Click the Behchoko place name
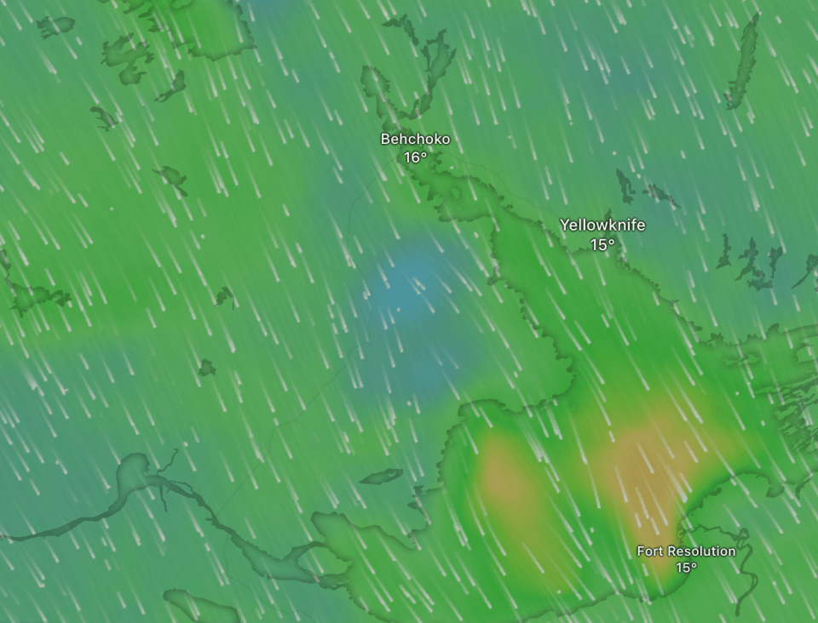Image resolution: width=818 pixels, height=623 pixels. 415,139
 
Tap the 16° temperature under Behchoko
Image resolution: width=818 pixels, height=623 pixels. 415,157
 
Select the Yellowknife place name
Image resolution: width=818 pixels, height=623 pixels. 602,225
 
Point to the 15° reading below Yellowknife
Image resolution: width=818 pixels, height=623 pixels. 602,244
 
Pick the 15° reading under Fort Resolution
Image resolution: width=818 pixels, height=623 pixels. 686,568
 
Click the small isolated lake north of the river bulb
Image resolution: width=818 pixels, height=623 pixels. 206,368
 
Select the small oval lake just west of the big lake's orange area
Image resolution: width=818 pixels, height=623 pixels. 381,477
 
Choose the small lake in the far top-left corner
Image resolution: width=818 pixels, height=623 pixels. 55,26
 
